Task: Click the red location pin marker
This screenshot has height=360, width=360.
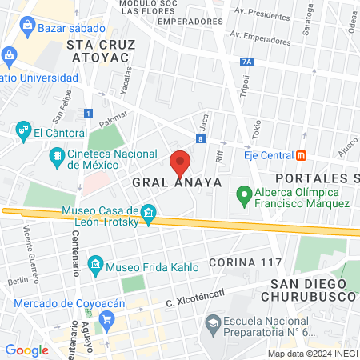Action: (180, 162)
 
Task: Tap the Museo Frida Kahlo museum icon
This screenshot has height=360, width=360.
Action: (95, 264)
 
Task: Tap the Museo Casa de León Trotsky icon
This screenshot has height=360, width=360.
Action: (148, 212)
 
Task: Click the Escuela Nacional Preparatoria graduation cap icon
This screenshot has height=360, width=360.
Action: (212, 322)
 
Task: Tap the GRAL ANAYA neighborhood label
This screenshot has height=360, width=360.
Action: (177, 182)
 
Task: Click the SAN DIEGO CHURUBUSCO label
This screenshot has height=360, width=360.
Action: (312, 290)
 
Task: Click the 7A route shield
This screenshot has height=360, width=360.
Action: (246, 62)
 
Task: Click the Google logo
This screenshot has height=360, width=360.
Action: (26, 350)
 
